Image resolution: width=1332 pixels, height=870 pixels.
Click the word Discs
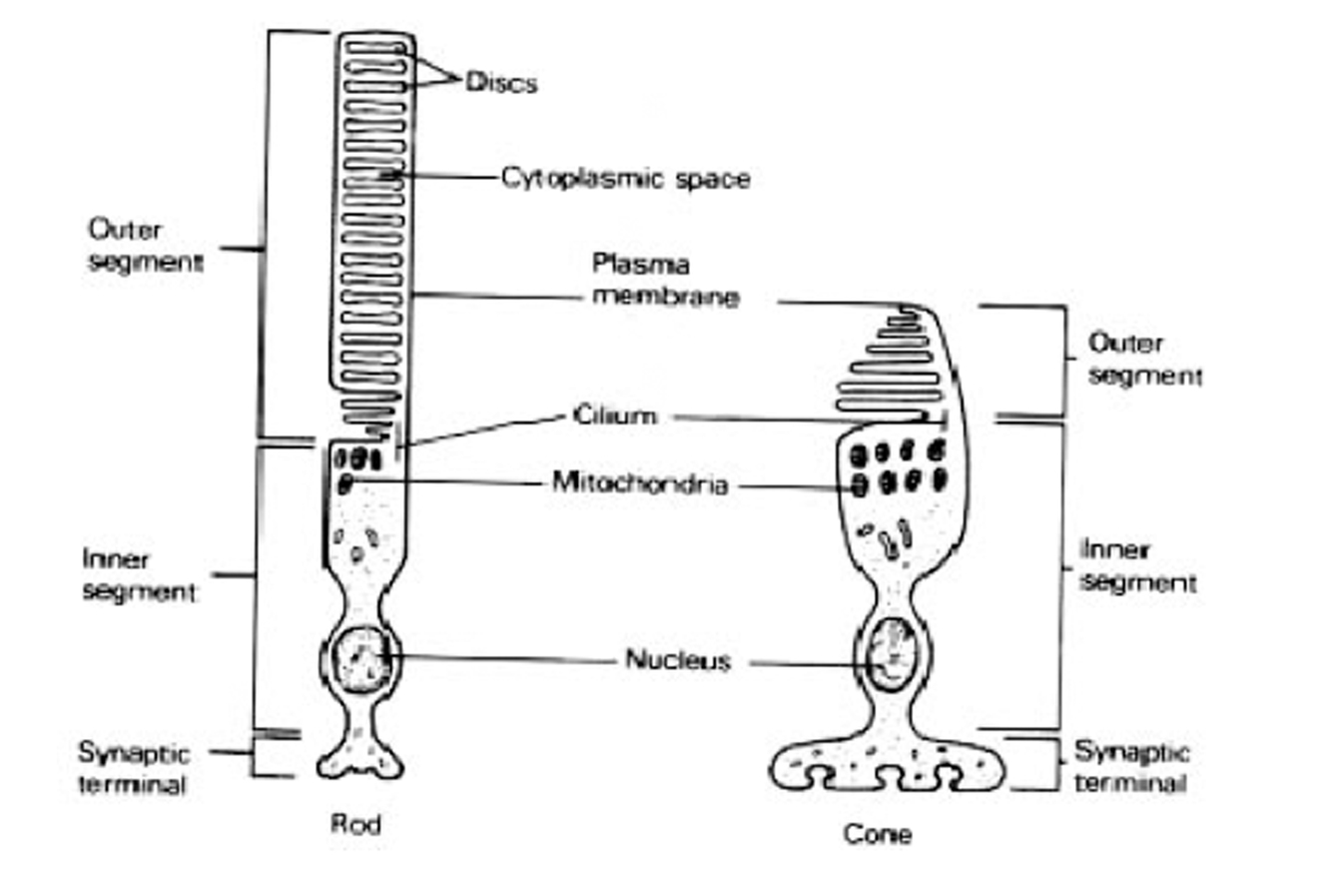click(x=502, y=82)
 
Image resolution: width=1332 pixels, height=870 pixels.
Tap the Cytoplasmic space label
click(x=625, y=179)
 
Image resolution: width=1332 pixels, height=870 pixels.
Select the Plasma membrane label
click(x=665, y=282)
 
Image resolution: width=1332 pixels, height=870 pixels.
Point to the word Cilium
click(x=615, y=416)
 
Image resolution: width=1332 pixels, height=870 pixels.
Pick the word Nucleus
click(x=679, y=660)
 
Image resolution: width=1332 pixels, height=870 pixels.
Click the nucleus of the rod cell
click(x=359, y=659)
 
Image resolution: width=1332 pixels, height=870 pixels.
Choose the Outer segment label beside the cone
click(x=1144, y=360)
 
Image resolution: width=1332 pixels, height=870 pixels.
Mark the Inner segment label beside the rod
click(x=138, y=574)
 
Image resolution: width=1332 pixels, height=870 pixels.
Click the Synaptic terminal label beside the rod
click(x=134, y=768)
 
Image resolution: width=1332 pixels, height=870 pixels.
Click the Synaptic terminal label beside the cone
click(x=1132, y=767)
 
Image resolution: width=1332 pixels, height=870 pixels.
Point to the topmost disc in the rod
click(x=375, y=47)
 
